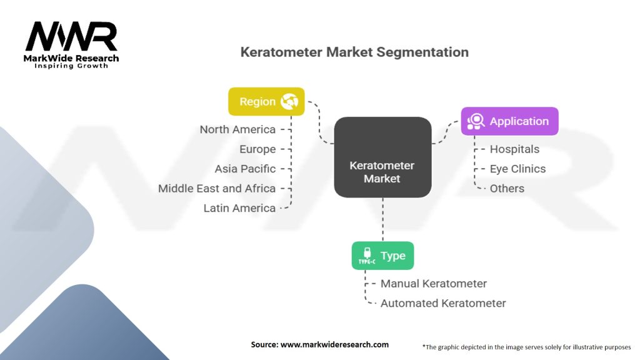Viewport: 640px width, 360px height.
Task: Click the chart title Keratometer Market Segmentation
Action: coord(354,52)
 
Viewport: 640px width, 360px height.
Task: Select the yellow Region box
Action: coord(266,101)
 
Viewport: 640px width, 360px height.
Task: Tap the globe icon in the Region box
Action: coord(290,101)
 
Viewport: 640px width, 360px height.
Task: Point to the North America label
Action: coord(237,129)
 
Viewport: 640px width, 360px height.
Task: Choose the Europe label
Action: coord(257,149)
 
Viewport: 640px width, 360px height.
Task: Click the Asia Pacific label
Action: coord(245,169)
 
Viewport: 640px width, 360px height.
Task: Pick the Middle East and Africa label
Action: coord(217,188)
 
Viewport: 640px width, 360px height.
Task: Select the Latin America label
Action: coord(239,208)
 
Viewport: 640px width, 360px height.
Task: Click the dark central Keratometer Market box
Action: coord(382,157)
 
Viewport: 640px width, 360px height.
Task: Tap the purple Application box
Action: coord(509,121)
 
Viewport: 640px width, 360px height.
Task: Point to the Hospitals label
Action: coord(514,149)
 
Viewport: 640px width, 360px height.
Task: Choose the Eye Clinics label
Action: coord(517,169)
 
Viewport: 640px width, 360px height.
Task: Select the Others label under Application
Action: coord(507,188)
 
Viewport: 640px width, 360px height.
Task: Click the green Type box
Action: coord(382,256)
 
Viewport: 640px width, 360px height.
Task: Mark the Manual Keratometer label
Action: coord(434,283)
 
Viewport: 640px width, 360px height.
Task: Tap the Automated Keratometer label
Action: coord(443,303)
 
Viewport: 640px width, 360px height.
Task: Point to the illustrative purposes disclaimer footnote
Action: coord(527,346)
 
